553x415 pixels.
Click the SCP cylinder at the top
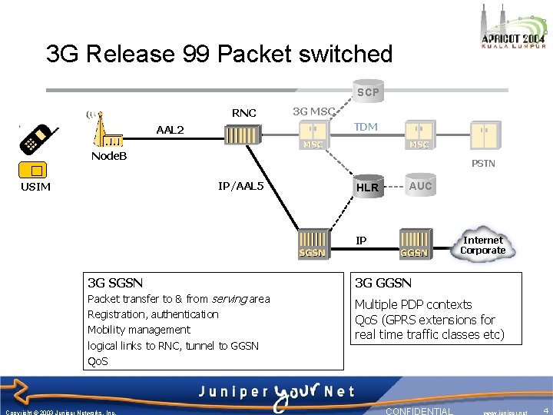(x=367, y=91)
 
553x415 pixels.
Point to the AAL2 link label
(x=170, y=129)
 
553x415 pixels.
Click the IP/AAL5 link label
(x=240, y=186)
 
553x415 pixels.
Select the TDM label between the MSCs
(x=366, y=127)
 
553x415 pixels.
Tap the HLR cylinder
(x=366, y=187)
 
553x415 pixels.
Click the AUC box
(x=420, y=186)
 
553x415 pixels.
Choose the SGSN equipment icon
(x=312, y=242)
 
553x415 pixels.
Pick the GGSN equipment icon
(x=414, y=242)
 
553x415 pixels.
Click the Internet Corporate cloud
(x=482, y=245)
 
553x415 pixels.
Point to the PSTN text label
(x=483, y=163)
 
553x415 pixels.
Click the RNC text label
(x=243, y=113)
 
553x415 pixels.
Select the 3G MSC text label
(x=313, y=111)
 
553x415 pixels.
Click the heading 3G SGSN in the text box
(x=115, y=283)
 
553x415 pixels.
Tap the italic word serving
(x=228, y=298)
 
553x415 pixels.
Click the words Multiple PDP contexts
(x=413, y=304)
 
